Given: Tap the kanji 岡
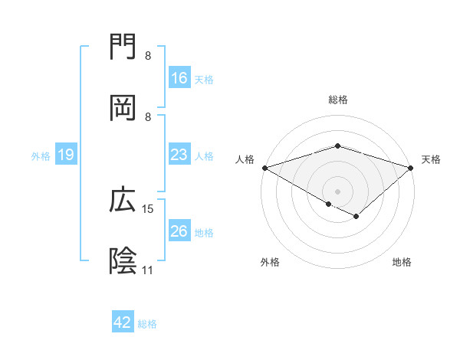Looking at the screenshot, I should [123, 108].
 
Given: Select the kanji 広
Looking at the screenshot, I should [123, 200].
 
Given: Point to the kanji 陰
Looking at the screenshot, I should [123, 261].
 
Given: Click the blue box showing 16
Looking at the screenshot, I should [179, 78].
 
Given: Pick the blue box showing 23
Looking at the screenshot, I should [179, 155].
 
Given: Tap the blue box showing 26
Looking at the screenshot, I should [179, 231].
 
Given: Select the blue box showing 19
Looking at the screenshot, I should [66, 155].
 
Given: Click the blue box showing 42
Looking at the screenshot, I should [123, 322].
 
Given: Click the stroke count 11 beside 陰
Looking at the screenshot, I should [147, 270].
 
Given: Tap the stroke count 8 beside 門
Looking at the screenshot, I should [148, 56].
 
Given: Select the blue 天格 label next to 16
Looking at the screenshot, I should [204, 79].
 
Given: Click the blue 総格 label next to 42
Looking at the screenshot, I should [147, 323].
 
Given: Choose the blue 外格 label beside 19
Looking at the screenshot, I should [41, 155].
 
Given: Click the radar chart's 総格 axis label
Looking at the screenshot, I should [337, 100].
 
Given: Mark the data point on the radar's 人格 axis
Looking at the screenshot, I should [264, 167].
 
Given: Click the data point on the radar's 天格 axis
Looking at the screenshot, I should [411, 167].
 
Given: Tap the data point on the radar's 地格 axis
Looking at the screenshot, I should [356, 217].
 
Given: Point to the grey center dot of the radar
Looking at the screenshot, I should [337, 191].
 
